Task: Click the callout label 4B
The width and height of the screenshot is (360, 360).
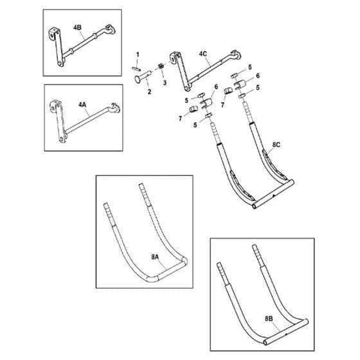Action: pyautogui.click(x=77, y=28)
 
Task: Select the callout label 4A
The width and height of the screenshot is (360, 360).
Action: pyautogui.click(x=82, y=105)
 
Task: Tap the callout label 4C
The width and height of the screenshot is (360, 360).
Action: pyautogui.click(x=203, y=54)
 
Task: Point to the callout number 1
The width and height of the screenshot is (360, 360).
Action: pyautogui.click(x=138, y=55)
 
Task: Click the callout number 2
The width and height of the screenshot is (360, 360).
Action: pyautogui.click(x=149, y=92)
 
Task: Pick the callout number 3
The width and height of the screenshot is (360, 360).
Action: pyautogui.click(x=165, y=83)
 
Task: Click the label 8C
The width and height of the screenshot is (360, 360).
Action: pyautogui.click(x=276, y=145)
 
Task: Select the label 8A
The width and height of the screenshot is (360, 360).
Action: pyautogui.click(x=155, y=257)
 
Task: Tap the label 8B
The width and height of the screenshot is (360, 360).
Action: pyautogui.click(x=269, y=319)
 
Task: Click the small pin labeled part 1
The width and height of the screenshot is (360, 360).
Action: pyautogui.click(x=136, y=68)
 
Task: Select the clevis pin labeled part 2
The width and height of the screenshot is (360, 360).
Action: pyautogui.click(x=143, y=76)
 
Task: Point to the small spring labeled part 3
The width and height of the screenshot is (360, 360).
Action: pyautogui.click(x=161, y=66)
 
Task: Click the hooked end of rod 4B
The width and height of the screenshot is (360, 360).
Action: pyautogui.click(x=110, y=30)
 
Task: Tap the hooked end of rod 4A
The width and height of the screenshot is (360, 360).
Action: pyautogui.click(x=115, y=108)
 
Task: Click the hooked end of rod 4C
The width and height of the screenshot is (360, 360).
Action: pyautogui.click(x=236, y=55)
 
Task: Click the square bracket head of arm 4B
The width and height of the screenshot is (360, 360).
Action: pyautogui.click(x=54, y=33)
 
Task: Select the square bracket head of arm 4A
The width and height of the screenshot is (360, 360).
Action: pyautogui.click(x=55, y=106)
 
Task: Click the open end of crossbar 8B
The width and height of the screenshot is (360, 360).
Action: pyautogui.click(x=265, y=343)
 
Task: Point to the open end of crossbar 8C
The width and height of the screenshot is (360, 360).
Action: pyautogui.click(x=254, y=206)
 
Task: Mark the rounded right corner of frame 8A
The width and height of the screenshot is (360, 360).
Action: pyautogui.click(x=184, y=261)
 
